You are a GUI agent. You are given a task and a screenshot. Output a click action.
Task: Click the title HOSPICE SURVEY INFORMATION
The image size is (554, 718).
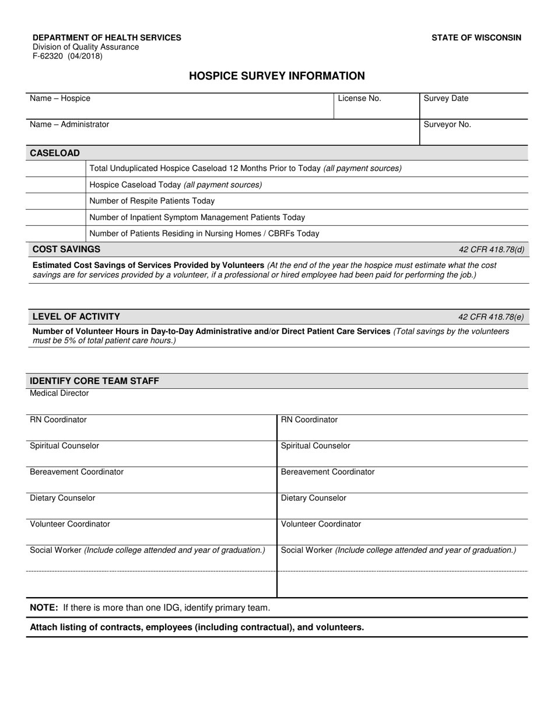(x=277, y=76)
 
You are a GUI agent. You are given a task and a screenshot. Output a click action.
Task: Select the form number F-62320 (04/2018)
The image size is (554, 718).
(x=67, y=57)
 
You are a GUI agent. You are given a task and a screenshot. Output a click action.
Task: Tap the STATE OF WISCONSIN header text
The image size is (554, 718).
(x=476, y=37)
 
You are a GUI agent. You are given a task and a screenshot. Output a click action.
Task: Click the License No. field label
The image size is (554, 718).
(x=359, y=99)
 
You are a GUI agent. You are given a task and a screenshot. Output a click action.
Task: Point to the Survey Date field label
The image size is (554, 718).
(x=446, y=99)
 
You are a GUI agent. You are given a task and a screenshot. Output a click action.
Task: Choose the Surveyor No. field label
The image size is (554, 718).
(x=447, y=124)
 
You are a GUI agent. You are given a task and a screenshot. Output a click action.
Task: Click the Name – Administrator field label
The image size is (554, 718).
(x=69, y=124)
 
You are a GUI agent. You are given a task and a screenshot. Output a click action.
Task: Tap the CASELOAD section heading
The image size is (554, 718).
(x=55, y=153)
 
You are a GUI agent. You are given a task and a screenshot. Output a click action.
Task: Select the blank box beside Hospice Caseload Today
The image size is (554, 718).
(x=56, y=185)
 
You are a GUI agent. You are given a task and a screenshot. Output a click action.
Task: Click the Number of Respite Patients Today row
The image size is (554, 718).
(x=152, y=201)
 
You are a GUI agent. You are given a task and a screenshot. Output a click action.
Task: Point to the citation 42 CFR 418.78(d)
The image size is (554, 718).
(x=491, y=250)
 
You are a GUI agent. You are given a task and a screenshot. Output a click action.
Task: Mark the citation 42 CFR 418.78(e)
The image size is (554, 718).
(x=491, y=317)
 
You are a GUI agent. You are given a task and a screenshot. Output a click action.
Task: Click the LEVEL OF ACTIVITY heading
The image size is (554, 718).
(x=76, y=316)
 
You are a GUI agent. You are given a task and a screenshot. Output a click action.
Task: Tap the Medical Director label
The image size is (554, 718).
(x=59, y=393)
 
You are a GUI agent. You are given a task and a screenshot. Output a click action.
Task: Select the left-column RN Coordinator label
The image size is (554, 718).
(x=58, y=420)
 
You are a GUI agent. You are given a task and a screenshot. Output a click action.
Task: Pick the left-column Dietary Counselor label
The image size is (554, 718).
(x=62, y=498)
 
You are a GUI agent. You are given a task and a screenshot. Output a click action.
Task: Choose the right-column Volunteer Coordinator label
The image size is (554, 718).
(x=321, y=524)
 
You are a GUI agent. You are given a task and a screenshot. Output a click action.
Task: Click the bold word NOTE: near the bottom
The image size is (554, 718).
(x=44, y=608)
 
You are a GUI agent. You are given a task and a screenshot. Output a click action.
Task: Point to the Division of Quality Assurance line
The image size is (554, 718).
(x=86, y=47)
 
